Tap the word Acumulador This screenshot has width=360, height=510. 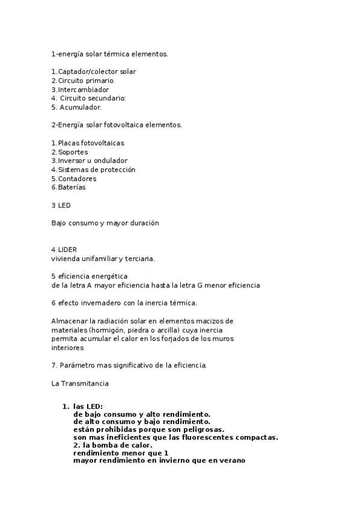click(81, 107)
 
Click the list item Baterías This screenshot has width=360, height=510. click(72, 187)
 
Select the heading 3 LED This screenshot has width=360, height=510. click(61, 205)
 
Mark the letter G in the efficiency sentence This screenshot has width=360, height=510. click(200, 285)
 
